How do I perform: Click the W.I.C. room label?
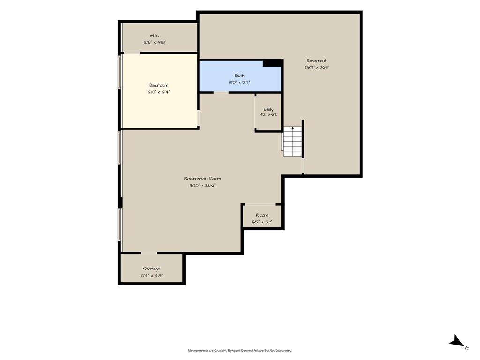click(x=155, y=36)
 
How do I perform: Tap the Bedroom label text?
click(x=158, y=85)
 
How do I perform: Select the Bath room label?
click(x=240, y=75)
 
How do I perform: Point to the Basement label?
click(x=316, y=60)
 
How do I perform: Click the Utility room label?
click(x=269, y=109)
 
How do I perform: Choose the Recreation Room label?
click(x=202, y=179)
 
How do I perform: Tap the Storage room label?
click(x=151, y=269)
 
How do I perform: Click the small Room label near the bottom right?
click(x=262, y=215)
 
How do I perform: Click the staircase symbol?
click(x=292, y=141)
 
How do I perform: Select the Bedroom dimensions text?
click(x=158, y=92)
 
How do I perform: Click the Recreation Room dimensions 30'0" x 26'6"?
click(x=202, y=185)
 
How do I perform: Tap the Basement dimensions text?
click(x=316, y=67)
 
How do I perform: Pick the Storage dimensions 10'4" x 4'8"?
click(x=151, y=276)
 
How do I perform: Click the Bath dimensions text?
click(x=240, y=82)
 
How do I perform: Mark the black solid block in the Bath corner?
click(x=272, y=63)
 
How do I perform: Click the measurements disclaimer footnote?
click(x=240, y=351)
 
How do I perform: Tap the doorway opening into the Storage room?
click(x=149, y=253)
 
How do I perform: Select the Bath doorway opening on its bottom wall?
click(x=221, y=92)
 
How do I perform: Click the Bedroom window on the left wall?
click(x=120, y=72)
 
